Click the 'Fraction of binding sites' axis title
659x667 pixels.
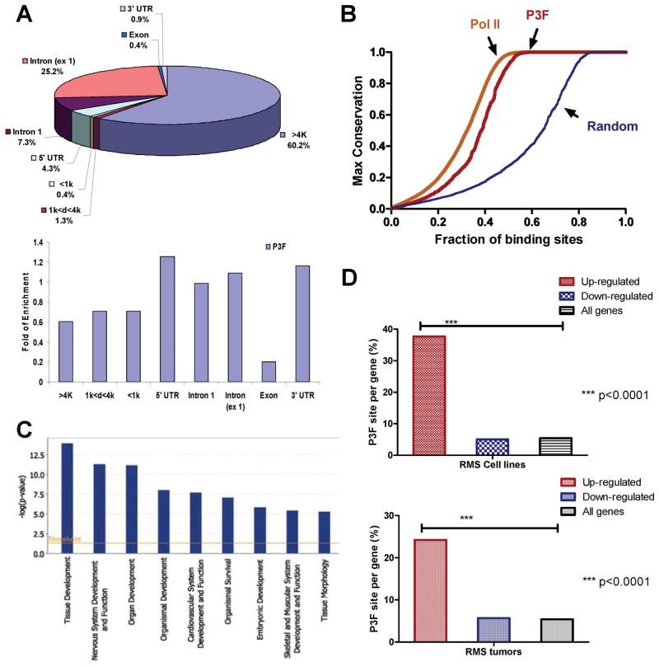[x=508, y=240]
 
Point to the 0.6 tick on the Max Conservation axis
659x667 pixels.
[x=376, y=114]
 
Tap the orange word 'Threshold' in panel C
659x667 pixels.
[x=64, y=539]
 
